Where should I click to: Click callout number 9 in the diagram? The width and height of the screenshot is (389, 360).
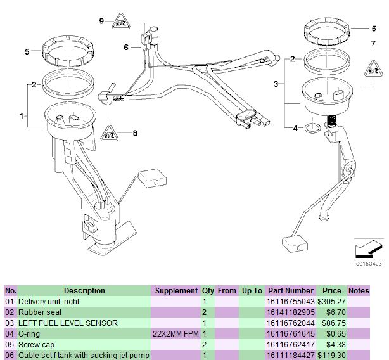(x=101, y=21)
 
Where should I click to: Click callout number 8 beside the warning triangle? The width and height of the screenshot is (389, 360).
(x=134, y=133)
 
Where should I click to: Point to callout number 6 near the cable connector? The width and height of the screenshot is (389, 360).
(x=126, y=47)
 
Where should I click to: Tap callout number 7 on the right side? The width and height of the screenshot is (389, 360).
(x=373, y=42)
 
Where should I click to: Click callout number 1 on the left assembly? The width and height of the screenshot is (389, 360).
(x=22, y=116)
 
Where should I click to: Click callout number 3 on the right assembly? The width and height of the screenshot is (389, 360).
(x=276, y=84)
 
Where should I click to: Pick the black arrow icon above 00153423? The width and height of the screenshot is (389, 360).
(x=367, y=248)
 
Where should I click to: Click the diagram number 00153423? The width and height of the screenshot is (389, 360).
(x=368, y=263)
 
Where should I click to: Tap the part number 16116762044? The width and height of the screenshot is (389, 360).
(x=291, y=323)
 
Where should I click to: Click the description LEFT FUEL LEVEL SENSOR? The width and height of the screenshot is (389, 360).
(x=68, y=323)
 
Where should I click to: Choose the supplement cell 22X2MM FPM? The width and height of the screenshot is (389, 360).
(x=175, y=334)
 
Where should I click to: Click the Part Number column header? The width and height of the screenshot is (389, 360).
(x=291, y=291)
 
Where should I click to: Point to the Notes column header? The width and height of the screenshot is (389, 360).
(x=359, y=291)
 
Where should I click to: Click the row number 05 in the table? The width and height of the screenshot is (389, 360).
(x=10, y=345)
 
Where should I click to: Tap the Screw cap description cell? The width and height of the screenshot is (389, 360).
(x=37, y=345)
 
